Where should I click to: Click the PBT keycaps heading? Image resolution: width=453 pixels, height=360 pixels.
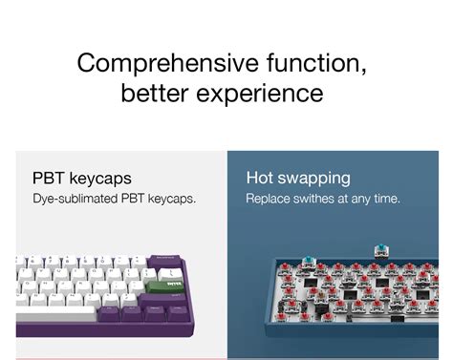[82, 179]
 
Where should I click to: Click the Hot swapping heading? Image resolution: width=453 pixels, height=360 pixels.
[298, 178]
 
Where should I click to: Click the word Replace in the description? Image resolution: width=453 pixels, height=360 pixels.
[268, 199]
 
